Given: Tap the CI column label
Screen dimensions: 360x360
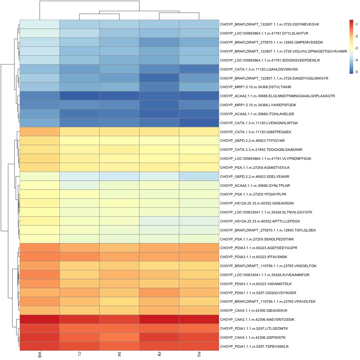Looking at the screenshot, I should pos(79,355).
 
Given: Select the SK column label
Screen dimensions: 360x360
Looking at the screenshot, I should pos(119,355).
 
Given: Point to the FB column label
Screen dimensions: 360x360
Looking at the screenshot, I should pos(159,355).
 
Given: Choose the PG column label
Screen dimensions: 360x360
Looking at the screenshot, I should pos(199,355).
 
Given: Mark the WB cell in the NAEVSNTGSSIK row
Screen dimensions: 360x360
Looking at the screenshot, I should pos(40,319).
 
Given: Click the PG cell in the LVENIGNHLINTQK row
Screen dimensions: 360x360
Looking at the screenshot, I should pos(199,123).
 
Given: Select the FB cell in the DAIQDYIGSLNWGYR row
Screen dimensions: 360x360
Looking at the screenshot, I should pos(159,78).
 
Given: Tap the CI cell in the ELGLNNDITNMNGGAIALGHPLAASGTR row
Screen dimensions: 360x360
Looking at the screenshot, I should pos(79,96).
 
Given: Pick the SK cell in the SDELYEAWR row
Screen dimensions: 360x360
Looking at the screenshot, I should pos(119,176).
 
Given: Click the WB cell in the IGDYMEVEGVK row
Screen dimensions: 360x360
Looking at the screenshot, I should pos(40,24).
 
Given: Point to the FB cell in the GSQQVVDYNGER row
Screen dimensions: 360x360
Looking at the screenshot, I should pos(159,293).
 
